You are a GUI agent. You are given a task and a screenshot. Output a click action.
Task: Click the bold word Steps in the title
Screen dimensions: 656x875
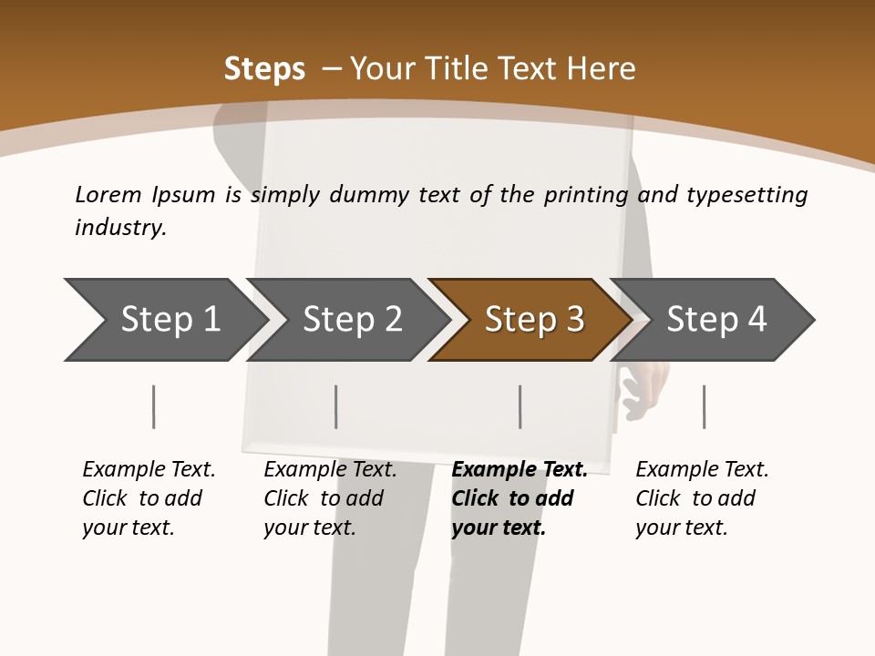tap(264, 69)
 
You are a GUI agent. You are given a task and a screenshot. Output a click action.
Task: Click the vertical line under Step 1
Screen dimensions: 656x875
tap(154, 406)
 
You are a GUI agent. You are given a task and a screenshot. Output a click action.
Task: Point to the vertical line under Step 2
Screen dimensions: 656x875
tap(336, 406)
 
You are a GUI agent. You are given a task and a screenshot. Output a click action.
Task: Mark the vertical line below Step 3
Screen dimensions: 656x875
tap(520, 406)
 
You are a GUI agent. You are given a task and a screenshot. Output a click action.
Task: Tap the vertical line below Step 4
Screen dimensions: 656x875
tap(705, 406)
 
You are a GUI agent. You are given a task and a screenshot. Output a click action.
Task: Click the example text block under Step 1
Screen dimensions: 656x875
tap(149, 498)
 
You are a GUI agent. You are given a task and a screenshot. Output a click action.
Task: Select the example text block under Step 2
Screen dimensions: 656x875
tap(330, 498)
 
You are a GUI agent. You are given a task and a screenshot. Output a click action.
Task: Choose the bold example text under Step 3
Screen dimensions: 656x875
tap(520, 498)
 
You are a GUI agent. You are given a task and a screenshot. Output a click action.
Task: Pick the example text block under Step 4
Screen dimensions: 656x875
tap(702, 498)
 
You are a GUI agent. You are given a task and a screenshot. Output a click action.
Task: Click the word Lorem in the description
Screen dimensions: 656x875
tap(108, 195)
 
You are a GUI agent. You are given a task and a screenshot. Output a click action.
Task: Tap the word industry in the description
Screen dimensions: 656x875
tap(120, 228)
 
